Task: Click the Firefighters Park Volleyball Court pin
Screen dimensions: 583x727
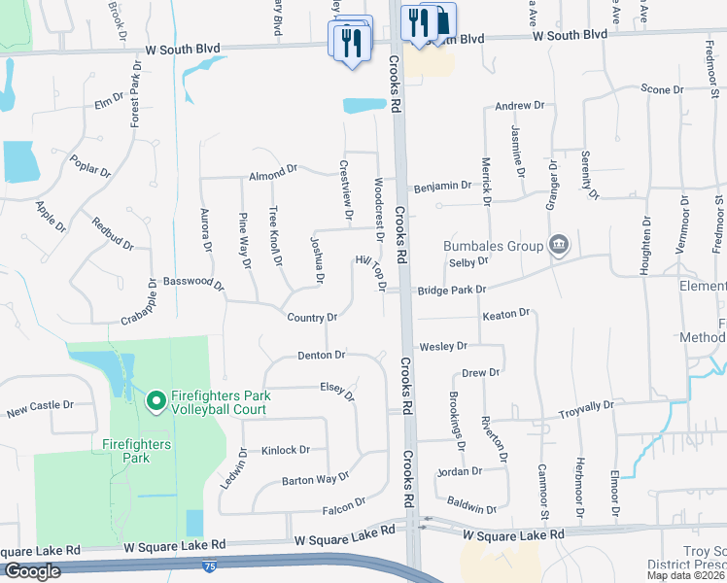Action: (155, 399)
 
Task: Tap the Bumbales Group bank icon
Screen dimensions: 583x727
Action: (559, 244)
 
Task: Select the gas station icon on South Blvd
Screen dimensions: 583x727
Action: (440, 22)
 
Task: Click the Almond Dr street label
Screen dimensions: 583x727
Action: (272, 172)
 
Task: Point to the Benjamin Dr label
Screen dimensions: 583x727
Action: (442, 186)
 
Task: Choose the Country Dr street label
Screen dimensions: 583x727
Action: (312, 318)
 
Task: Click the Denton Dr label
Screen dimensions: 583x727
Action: (322, 356)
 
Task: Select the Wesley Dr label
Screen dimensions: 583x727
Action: (443, 346)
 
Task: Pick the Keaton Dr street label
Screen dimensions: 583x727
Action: (505, 314)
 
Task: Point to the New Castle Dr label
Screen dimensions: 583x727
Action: (40, 406)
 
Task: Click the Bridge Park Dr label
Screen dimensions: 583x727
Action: (451, 290)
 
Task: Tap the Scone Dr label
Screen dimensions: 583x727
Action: (663, 89)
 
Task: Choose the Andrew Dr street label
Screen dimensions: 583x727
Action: (519, 106)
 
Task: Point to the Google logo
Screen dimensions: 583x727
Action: (31, 571)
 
